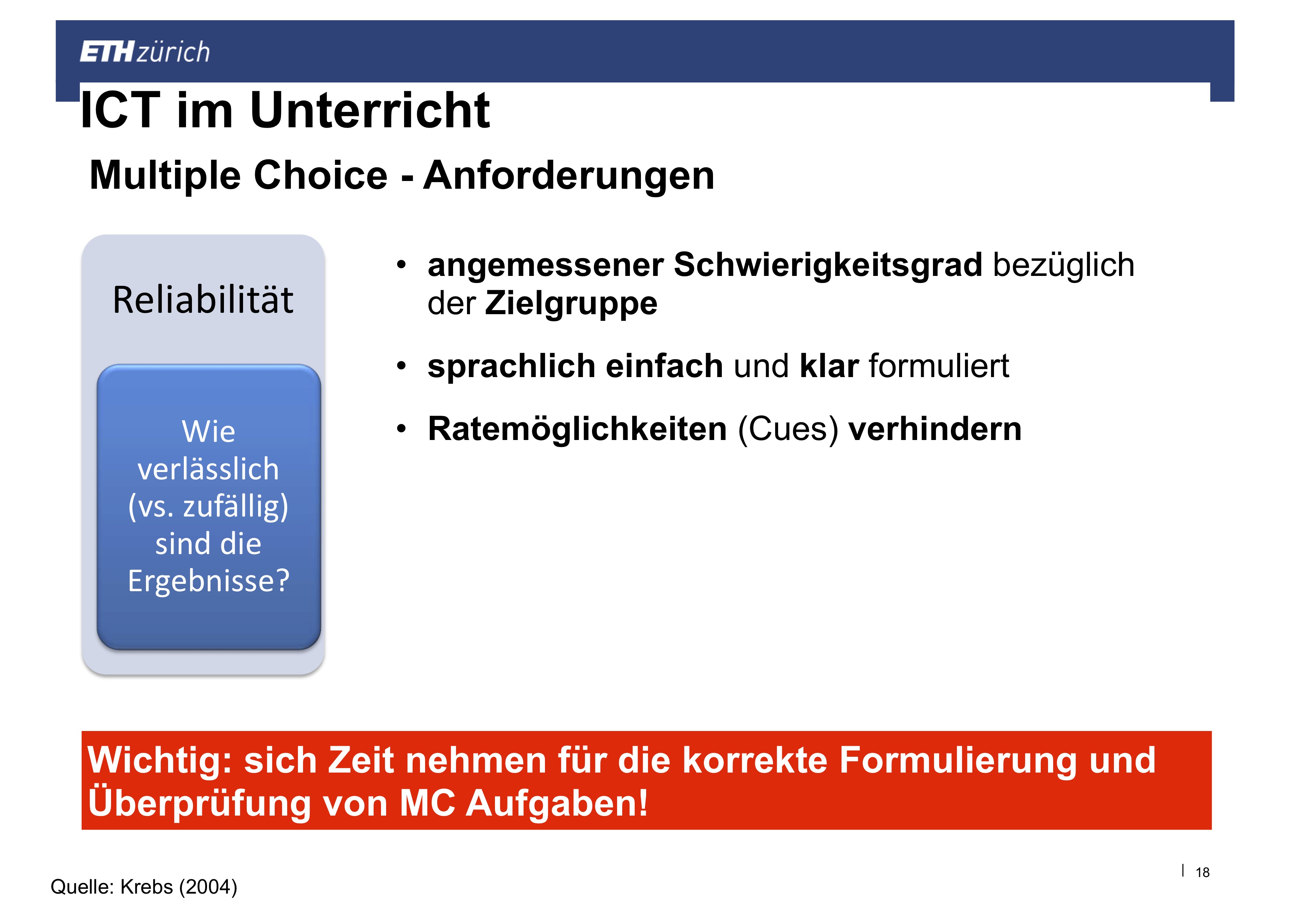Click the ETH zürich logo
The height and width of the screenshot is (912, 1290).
tap(145, 52)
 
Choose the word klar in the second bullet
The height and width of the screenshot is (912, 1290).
tap(829, 366)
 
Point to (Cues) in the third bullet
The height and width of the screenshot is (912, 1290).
tap(788, 430)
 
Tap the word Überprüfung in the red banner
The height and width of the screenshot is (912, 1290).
tap(199, 803)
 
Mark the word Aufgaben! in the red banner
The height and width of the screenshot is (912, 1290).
tap(557, 803)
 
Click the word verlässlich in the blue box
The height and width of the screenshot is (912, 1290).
tap(209, 469)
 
